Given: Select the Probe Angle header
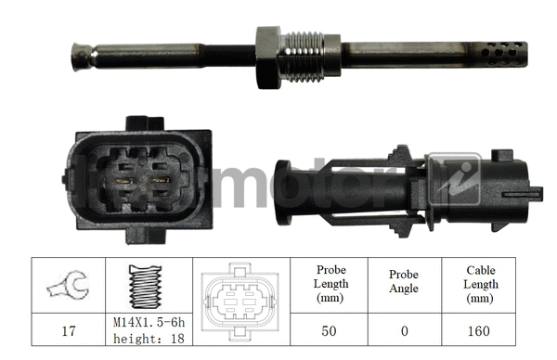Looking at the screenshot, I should click(x=403, y=283).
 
